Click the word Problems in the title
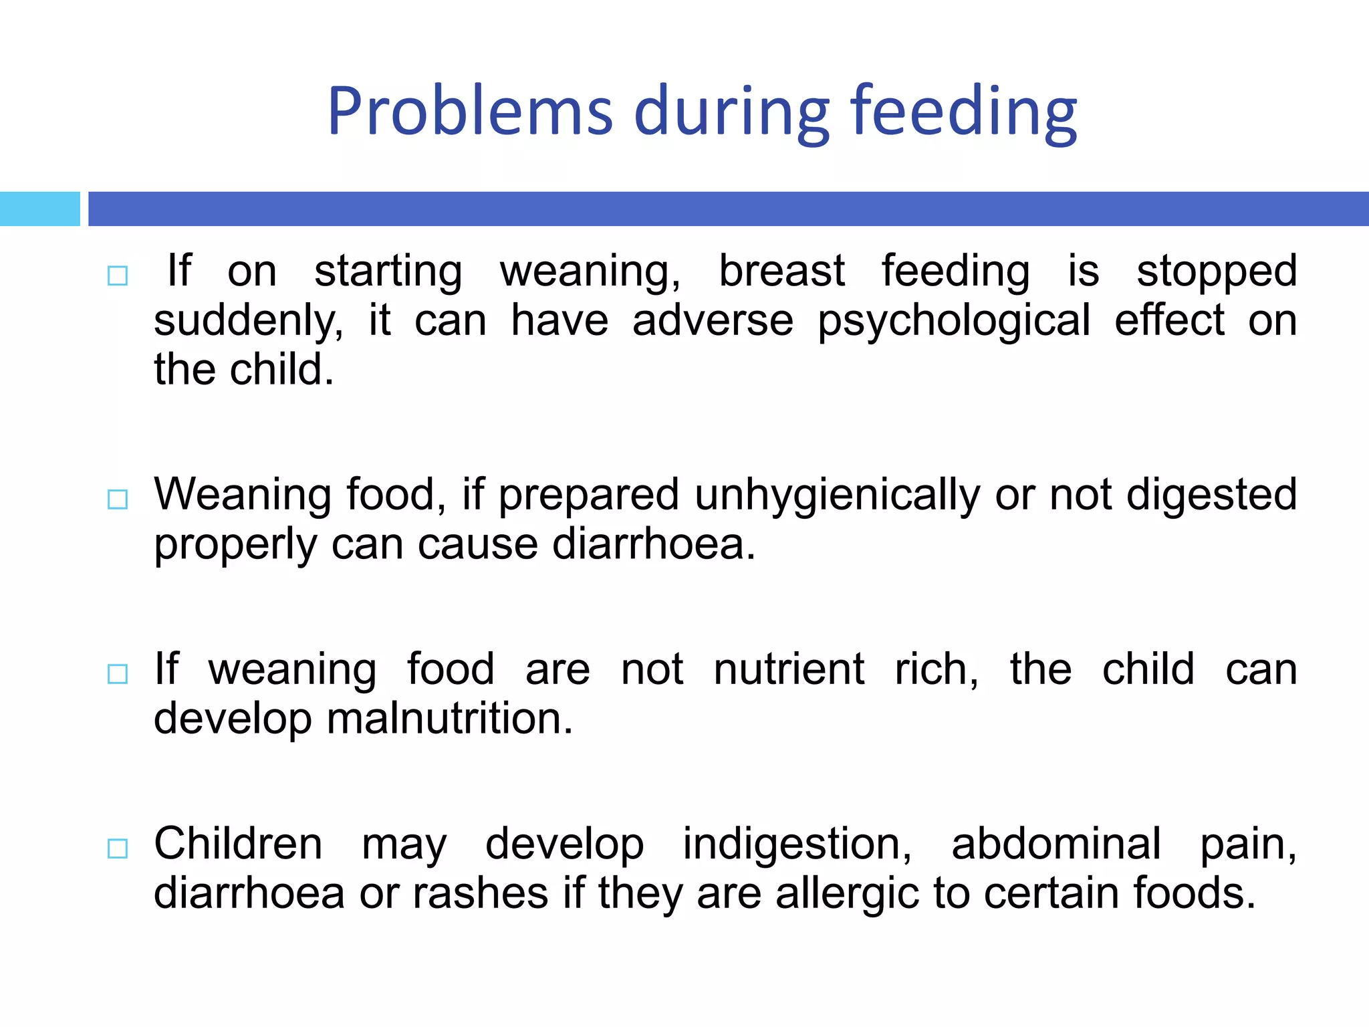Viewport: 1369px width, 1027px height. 470,111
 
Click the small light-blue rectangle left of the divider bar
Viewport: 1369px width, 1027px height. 39,209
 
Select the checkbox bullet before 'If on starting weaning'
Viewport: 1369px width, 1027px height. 118,275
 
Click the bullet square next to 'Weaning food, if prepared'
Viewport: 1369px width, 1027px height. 118,499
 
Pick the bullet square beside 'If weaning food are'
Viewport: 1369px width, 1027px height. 118,673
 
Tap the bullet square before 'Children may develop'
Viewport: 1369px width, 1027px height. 118,848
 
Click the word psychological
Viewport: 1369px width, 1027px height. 954,322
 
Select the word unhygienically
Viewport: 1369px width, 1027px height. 837,495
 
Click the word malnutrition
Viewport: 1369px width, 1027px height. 450,719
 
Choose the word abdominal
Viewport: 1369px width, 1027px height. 1056,844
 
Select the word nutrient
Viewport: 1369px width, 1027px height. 789,670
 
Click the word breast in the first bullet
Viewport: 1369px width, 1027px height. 781,271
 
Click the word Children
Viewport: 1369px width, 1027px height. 238,844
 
